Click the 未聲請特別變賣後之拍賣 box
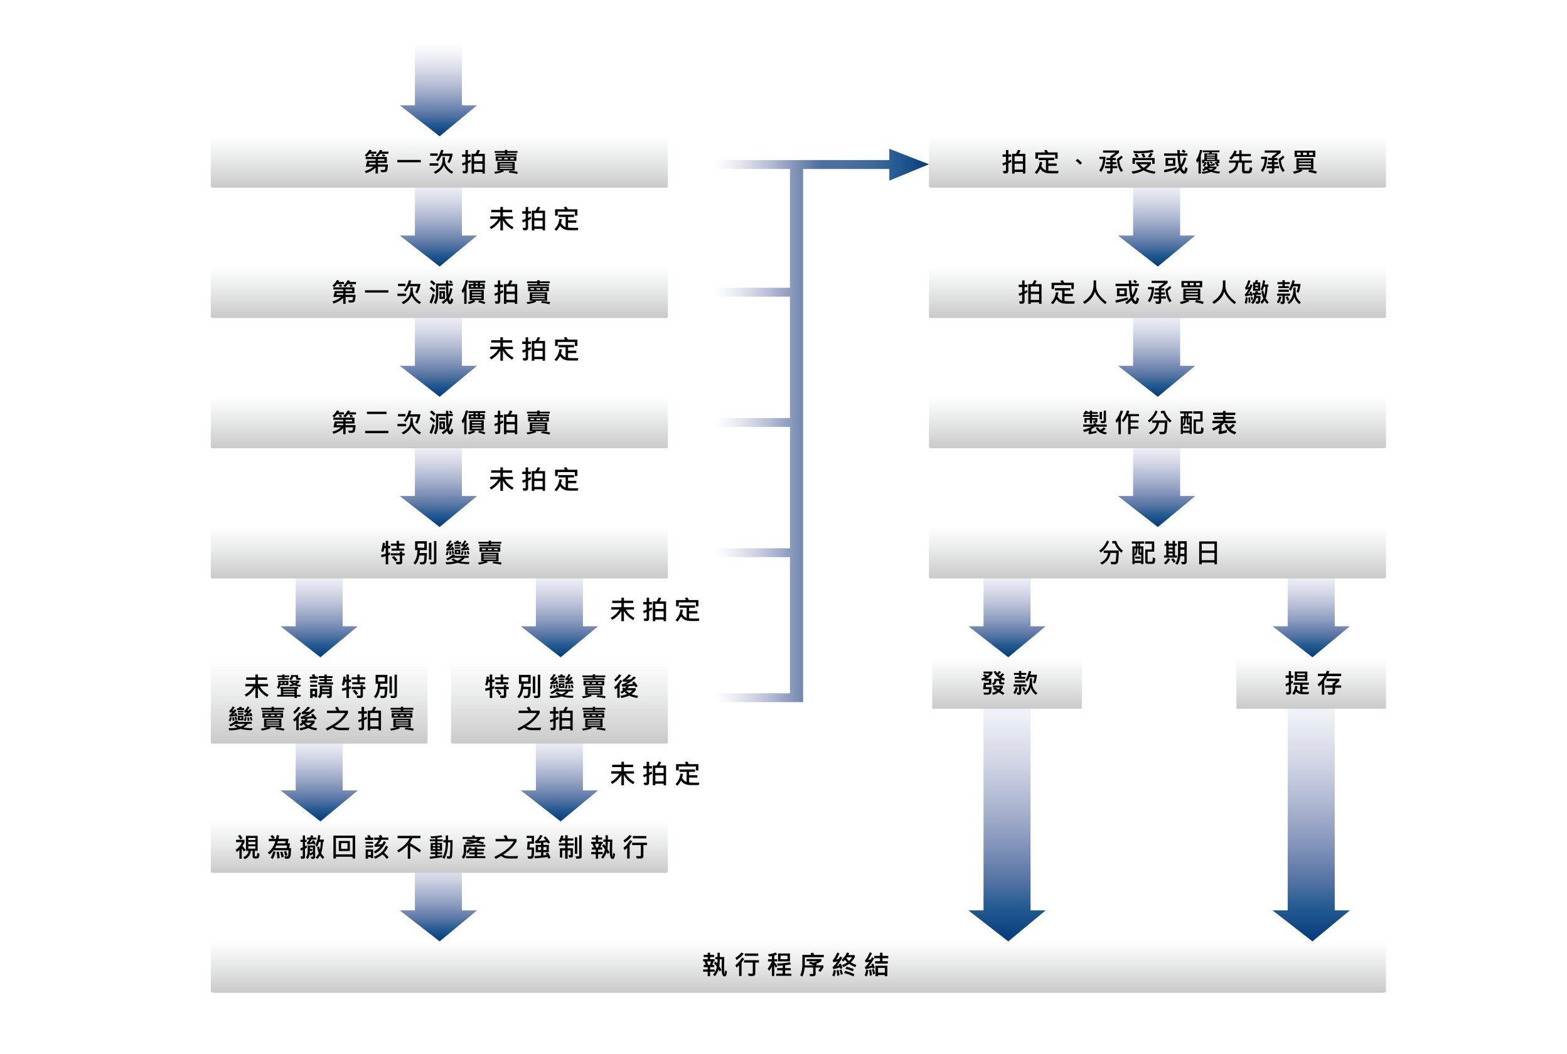[320, 703]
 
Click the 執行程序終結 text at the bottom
[797, 966]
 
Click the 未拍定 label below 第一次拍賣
[534, 220]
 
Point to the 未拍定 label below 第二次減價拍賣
[534, 481]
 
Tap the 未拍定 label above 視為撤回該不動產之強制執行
[655, 775]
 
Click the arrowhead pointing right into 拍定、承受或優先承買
[907, 164]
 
